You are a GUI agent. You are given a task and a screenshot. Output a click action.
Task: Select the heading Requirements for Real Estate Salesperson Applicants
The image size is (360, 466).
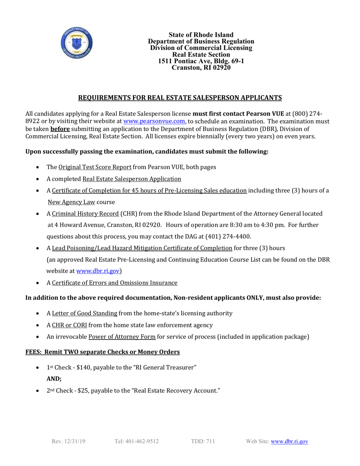click(180, 98)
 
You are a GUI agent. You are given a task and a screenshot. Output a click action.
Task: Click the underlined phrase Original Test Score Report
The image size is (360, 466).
click(95, 167)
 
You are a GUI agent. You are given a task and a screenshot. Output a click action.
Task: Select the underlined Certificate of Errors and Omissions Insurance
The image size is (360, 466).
click(114, 283)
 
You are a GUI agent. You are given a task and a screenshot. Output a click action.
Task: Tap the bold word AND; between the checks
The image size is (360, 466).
click(54, 378)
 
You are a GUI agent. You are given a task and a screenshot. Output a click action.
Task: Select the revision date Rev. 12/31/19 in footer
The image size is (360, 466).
click(69, 441)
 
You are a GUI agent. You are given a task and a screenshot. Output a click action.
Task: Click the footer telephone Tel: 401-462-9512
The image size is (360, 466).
click(136, 441)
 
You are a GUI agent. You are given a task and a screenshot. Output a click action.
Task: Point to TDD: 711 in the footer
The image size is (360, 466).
click(203, 441)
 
